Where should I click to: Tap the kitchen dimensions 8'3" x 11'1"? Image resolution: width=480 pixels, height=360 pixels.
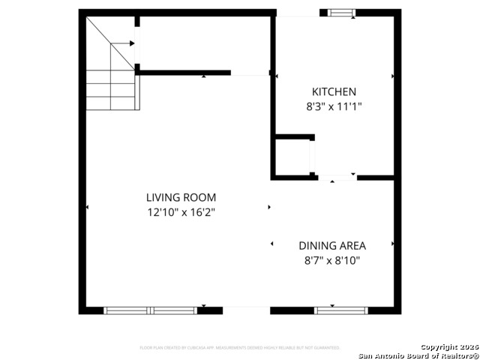334,106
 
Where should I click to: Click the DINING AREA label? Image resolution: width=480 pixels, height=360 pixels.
331,245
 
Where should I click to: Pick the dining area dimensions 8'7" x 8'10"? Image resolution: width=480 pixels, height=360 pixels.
331,260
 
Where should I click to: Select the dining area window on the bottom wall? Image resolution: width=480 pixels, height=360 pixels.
341,309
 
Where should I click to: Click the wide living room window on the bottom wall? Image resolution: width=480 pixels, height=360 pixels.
150,310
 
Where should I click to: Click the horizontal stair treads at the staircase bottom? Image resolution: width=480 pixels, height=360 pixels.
111,90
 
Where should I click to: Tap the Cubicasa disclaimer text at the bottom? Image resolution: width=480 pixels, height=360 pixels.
240,348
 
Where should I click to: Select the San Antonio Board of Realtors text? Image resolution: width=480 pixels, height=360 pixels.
418,355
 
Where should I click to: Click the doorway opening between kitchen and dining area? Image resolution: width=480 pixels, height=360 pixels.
337,178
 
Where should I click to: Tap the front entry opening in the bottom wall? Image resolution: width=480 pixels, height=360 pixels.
246,310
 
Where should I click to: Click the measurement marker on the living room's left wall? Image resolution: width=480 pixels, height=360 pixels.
87,207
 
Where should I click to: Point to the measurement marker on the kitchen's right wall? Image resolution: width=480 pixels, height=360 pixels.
392,76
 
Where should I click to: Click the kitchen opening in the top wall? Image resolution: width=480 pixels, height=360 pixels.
298,13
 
